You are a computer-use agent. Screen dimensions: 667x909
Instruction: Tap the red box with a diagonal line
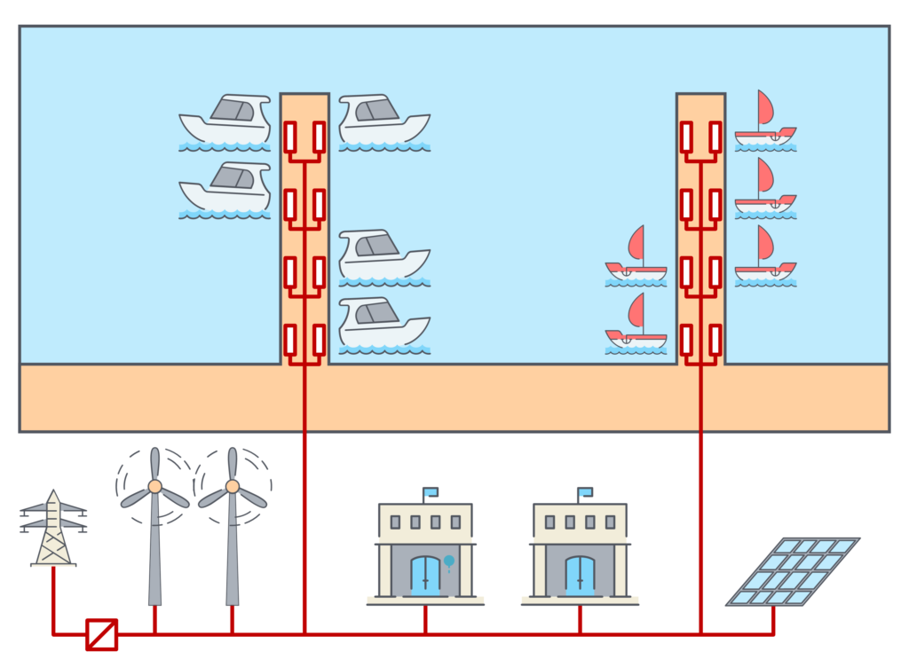click(101, 634)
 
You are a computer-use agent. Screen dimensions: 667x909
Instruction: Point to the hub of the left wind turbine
click(154, 486)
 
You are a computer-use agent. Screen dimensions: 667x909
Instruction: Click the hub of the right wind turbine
click(233, 486)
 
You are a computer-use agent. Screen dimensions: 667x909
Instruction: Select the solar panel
click(792, 572)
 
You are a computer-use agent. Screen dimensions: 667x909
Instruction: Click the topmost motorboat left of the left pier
click(225, 120)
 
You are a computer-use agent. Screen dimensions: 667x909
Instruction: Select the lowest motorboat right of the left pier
click(384, 324)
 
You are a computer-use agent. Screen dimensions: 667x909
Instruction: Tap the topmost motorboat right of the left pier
click(384, 120)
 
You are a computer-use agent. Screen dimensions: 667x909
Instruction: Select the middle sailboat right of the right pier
click(765, 189)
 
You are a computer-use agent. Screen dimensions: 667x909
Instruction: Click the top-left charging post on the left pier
click(289, 137)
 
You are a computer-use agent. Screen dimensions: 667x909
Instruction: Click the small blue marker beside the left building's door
click(449, 561)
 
